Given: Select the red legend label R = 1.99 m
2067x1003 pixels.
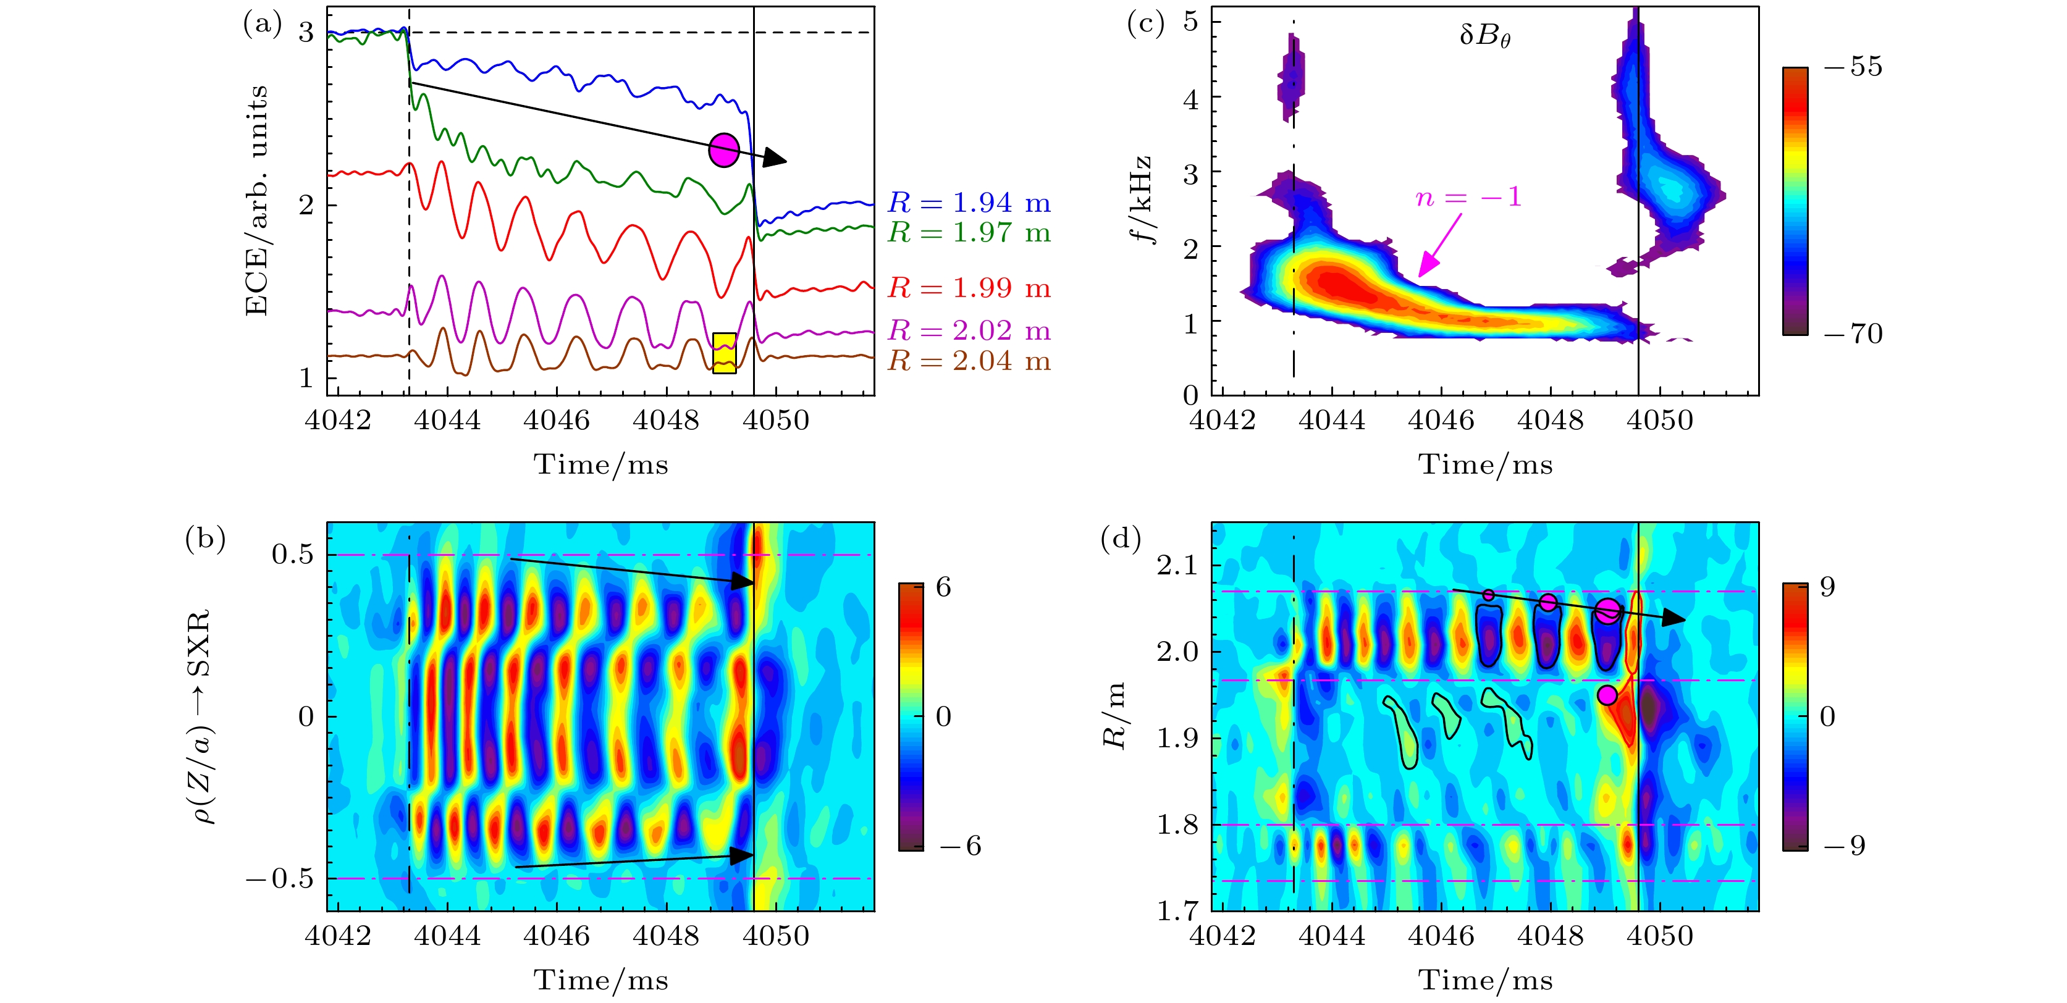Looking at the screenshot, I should (969, 287).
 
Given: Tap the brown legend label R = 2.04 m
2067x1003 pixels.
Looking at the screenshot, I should (969, 361).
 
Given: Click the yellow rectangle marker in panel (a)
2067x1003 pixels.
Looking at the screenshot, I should (724, 353).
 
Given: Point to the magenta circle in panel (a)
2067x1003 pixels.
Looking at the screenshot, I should (724, 150).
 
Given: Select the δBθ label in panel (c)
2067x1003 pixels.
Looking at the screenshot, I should (1484, 36).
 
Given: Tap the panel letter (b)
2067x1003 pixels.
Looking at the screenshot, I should (204, 537).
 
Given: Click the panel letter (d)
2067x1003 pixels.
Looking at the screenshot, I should (1120, 537).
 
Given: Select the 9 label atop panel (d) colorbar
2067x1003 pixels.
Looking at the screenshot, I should (1828, 587).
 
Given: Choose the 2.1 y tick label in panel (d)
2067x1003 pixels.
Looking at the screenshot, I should (1176, 566).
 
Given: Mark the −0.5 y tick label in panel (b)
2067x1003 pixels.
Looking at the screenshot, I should (279, 879).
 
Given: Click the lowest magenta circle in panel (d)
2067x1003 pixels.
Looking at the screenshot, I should (1606, 695).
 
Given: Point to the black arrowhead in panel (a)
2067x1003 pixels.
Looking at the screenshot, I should (774, 158).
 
